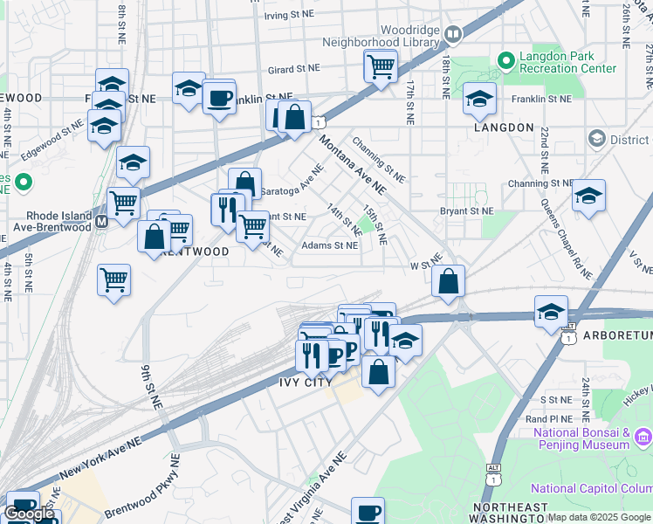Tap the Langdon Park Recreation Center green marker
[x=505, y=60]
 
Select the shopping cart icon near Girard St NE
[x=381, y=65]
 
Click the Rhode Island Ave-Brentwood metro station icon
[x=100, y=222]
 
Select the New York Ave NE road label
[x=100, y=458]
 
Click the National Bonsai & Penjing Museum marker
[x=643, y=436]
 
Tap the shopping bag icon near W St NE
[x=448, y=280]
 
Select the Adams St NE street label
[x=329, y=246]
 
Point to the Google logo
[x=30, y=514]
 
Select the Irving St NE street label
[x=289, y=16]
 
